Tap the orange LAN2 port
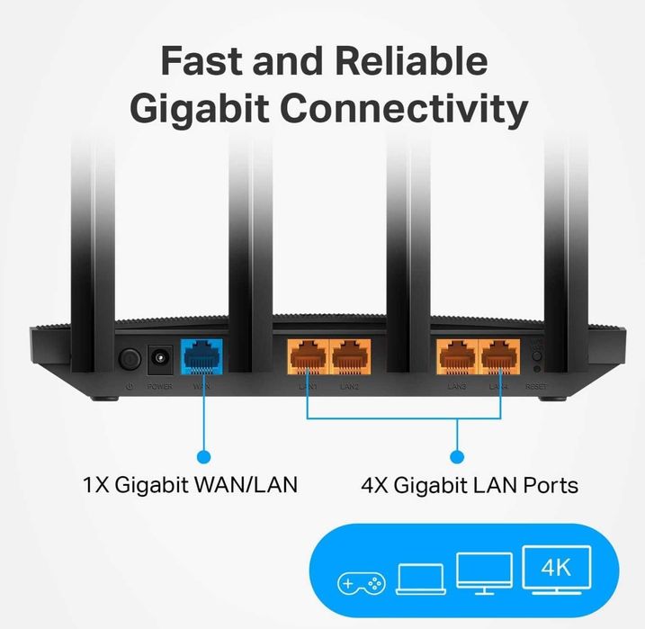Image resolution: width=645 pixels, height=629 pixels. (x=351, y=356)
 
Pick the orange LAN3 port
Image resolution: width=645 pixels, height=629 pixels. (x=456, y=356)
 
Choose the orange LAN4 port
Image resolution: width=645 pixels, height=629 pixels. (x=500, y=356)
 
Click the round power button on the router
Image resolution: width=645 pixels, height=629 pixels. (x=130, y=359)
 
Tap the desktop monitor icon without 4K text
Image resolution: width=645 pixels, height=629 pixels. (x=484, y=574)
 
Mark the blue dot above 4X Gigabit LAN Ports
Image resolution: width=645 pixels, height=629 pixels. (x=456, y=456)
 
